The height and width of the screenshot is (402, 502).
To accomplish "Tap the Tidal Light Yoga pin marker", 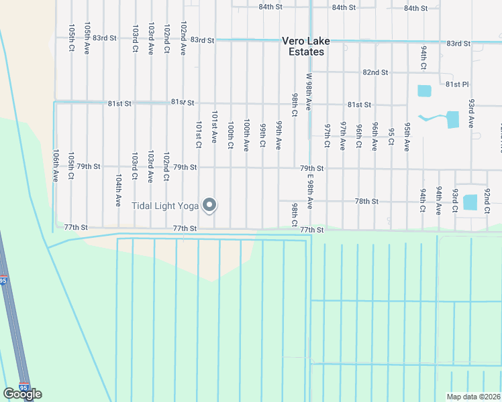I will [x=209, y=206].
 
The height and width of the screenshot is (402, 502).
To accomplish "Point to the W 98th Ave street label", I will [x=309, y=92].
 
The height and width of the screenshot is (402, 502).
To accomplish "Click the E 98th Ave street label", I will [x=309, y=191].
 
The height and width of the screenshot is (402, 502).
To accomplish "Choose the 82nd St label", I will [x=375, y=72].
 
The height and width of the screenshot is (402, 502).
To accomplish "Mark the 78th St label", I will [x=367, y=201].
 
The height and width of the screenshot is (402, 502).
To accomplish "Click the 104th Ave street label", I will [x=118, y=190].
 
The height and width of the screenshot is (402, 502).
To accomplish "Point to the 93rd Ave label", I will [x=472, y=113].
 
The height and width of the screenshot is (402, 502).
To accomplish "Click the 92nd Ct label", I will [x=487, y=200].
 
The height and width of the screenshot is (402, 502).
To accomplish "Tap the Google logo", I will [x=22, y=394].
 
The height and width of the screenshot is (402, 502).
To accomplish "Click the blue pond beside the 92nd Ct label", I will [x=470, y=202].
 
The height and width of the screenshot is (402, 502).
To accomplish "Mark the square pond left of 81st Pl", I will [x=424, y=90].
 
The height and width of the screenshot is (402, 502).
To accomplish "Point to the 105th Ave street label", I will [x=87, y=39].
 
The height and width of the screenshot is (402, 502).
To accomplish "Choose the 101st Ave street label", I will [x=215, y=127].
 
